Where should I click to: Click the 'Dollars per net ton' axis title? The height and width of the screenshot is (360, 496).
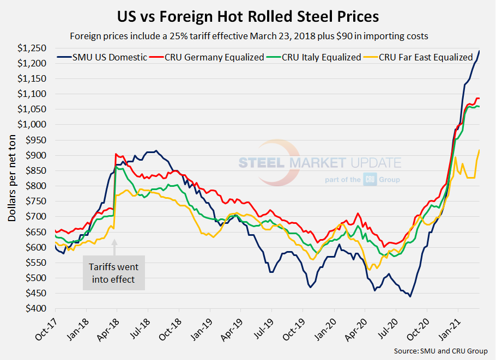pyautogui.click(x=12, y=178)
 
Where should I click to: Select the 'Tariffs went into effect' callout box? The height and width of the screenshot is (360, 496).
pyautogui.click(x=114, y=273)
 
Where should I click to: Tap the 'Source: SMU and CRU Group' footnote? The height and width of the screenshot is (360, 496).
pyautogui.click(x=440, y=351)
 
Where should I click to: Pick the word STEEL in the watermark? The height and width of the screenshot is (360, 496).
pyautogui.click(x=263, y=162)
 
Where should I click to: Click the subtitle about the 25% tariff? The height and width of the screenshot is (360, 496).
pyautogui.click(x=248, y=37)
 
